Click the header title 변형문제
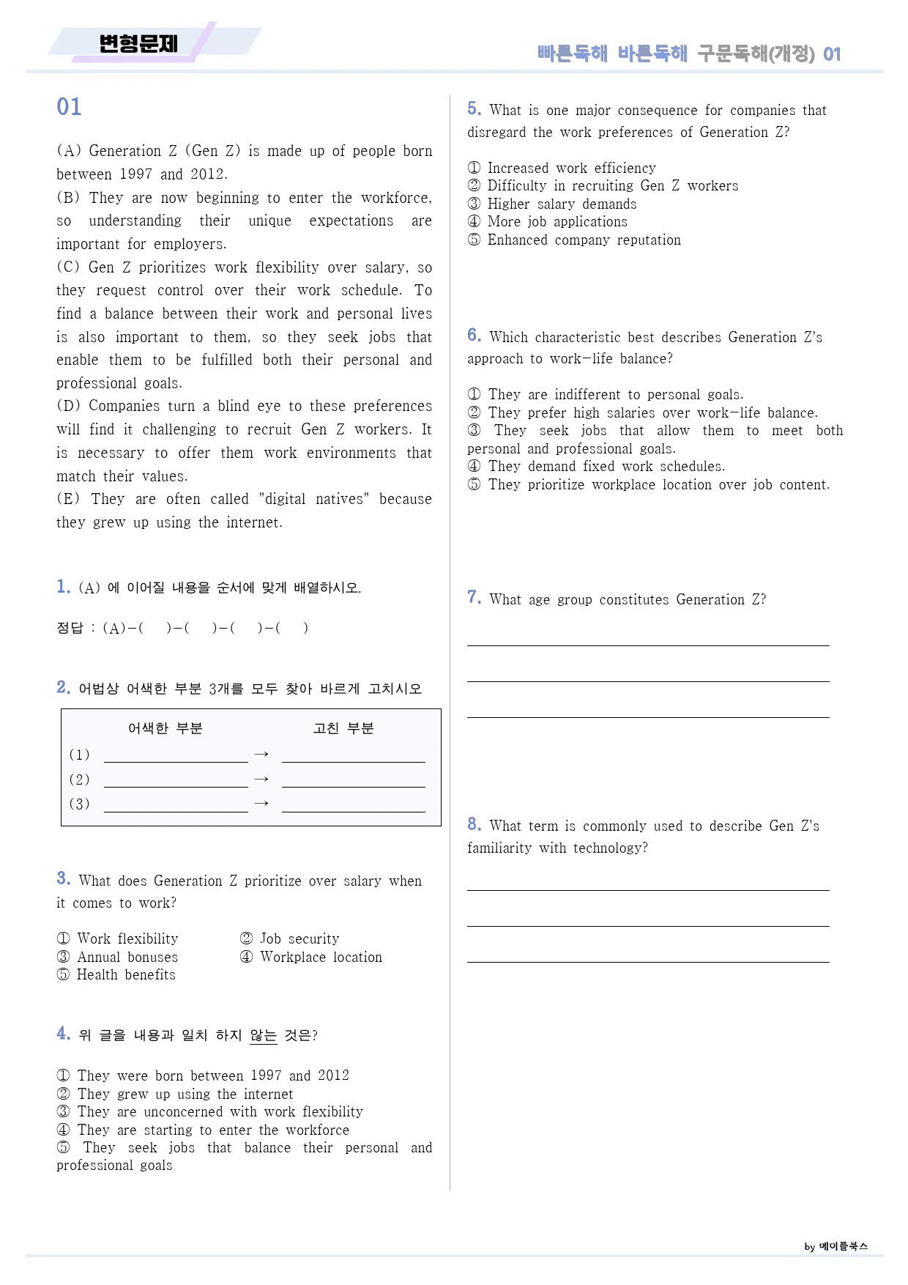click(x=138, y=44)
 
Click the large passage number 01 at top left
click(x=69, y=107)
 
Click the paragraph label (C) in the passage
click(x=68, y=267)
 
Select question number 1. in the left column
click(x=63, y=586)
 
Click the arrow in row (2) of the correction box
click(x=261, y=779)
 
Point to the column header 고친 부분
click(x=343, y=728)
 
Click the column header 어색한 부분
click(x=165, y=728)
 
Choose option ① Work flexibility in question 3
click(x=117, y=938)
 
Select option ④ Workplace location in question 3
click(x=311, y=957)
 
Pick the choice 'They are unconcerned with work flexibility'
click(x=210, y=1111)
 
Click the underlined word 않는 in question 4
click(x=263, y=1035)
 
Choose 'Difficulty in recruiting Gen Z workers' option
click(x=603, y=186)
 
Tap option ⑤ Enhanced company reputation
click(x=574, y=240)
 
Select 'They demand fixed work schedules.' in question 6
click(x=596, y=467)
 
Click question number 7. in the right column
click(x=474, y=598)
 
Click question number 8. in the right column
click(x=474, y=825)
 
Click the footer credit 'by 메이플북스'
click(x=836, y=1246)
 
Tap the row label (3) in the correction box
click(x=79, y=804)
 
